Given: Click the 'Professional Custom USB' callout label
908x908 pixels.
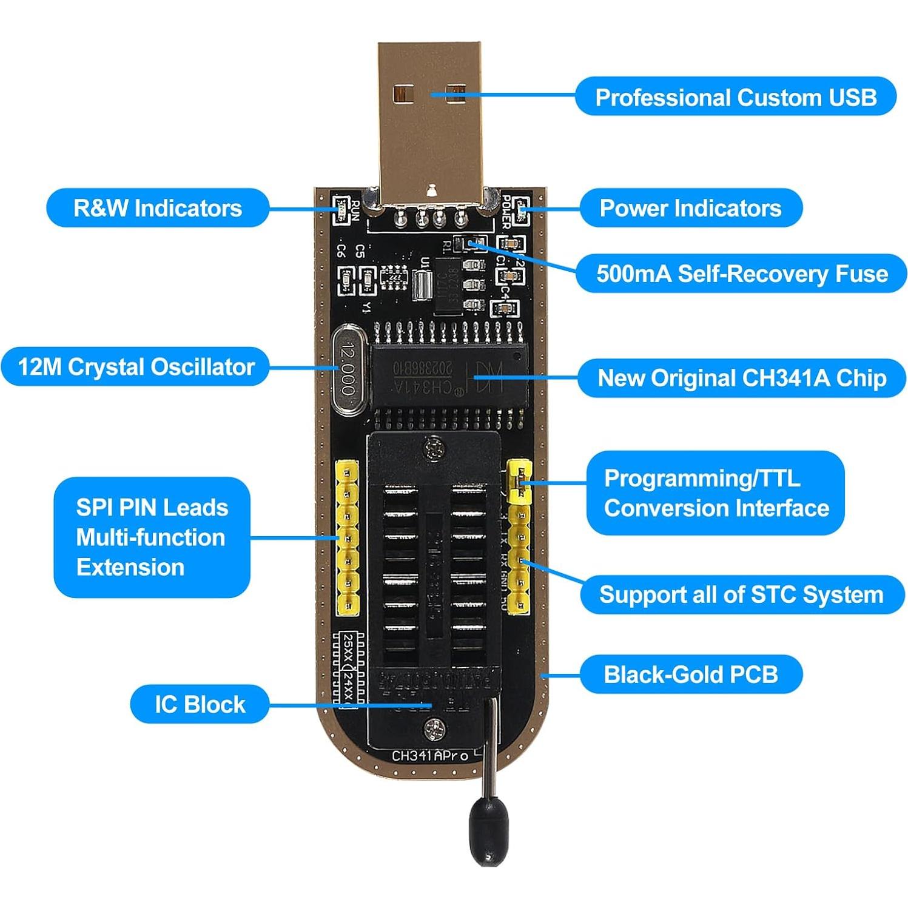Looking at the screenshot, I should (735, 97).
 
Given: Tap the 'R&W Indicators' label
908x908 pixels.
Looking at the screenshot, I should (158, 208).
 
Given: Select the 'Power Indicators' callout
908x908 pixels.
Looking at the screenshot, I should (690, 208).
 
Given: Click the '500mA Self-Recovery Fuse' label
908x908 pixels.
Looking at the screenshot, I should (741, 274).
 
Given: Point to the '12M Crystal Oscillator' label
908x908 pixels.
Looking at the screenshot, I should (136, 366).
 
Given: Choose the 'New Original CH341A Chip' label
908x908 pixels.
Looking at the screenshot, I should (741, 378).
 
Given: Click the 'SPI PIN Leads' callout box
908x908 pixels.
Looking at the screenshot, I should (152, 537).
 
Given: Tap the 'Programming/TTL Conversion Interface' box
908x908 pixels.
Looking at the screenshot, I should (715, 493).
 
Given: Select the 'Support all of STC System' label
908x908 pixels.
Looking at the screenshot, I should (741, 594).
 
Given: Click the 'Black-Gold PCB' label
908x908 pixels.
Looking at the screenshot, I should (691, 674).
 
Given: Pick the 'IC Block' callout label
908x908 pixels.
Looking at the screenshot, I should (200, 704).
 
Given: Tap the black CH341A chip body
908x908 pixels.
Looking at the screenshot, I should (449, 376).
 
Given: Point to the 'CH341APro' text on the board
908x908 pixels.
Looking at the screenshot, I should (430, 756).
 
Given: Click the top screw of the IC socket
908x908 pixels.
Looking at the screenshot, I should (434, 449).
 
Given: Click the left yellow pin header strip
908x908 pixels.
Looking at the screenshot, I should (348, 537).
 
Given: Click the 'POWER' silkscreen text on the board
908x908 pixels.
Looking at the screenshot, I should (506, 212).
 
